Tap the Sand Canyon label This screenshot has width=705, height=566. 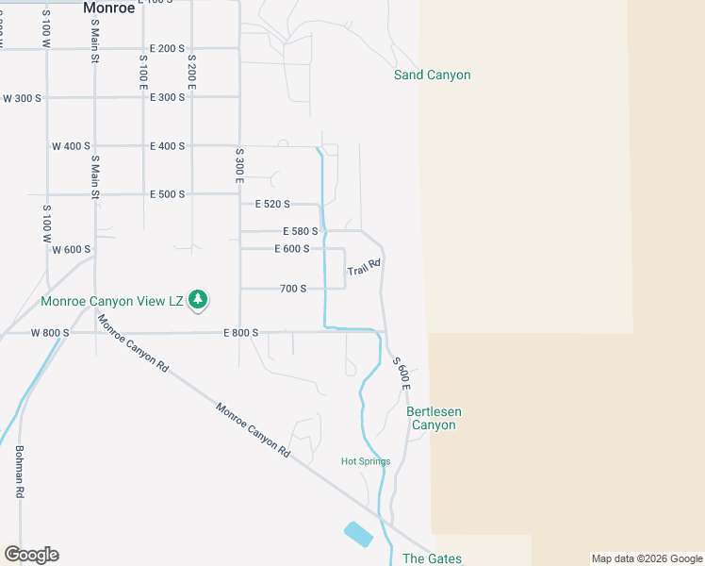432,75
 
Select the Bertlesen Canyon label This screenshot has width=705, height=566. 432,418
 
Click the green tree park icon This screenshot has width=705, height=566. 198,301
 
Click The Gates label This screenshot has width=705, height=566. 432,558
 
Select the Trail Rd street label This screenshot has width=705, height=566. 364,268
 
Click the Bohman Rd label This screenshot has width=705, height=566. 19,472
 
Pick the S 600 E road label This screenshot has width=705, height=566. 402,373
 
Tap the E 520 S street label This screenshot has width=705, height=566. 272,204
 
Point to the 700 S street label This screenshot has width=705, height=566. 293,289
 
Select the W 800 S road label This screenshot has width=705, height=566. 51,333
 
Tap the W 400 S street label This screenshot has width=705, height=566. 72,146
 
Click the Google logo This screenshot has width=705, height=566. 31,555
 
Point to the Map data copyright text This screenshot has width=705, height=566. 647,558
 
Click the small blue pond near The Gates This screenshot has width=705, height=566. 359,535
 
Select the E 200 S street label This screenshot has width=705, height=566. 167,48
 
